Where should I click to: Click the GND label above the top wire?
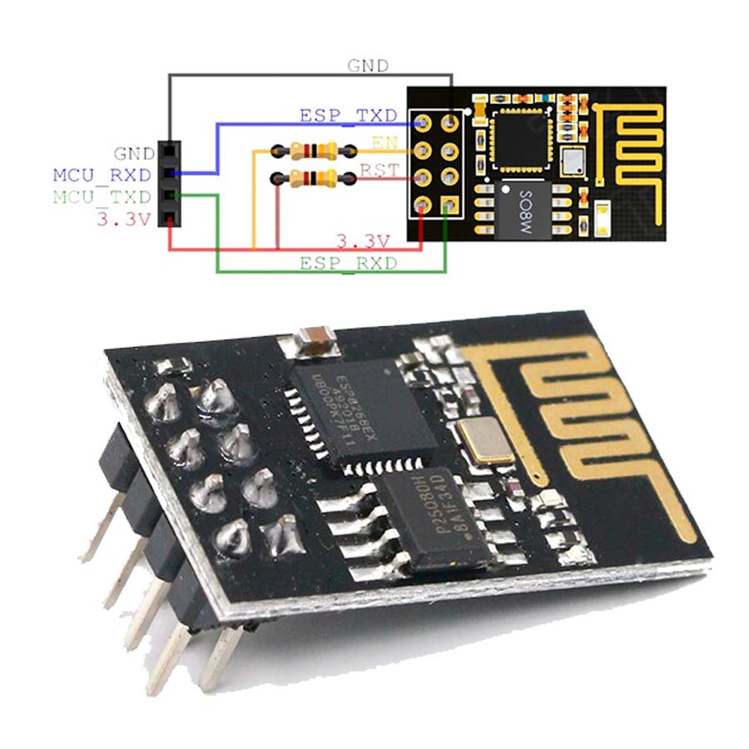367,65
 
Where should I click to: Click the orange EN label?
385,142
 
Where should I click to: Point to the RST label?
379,171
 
